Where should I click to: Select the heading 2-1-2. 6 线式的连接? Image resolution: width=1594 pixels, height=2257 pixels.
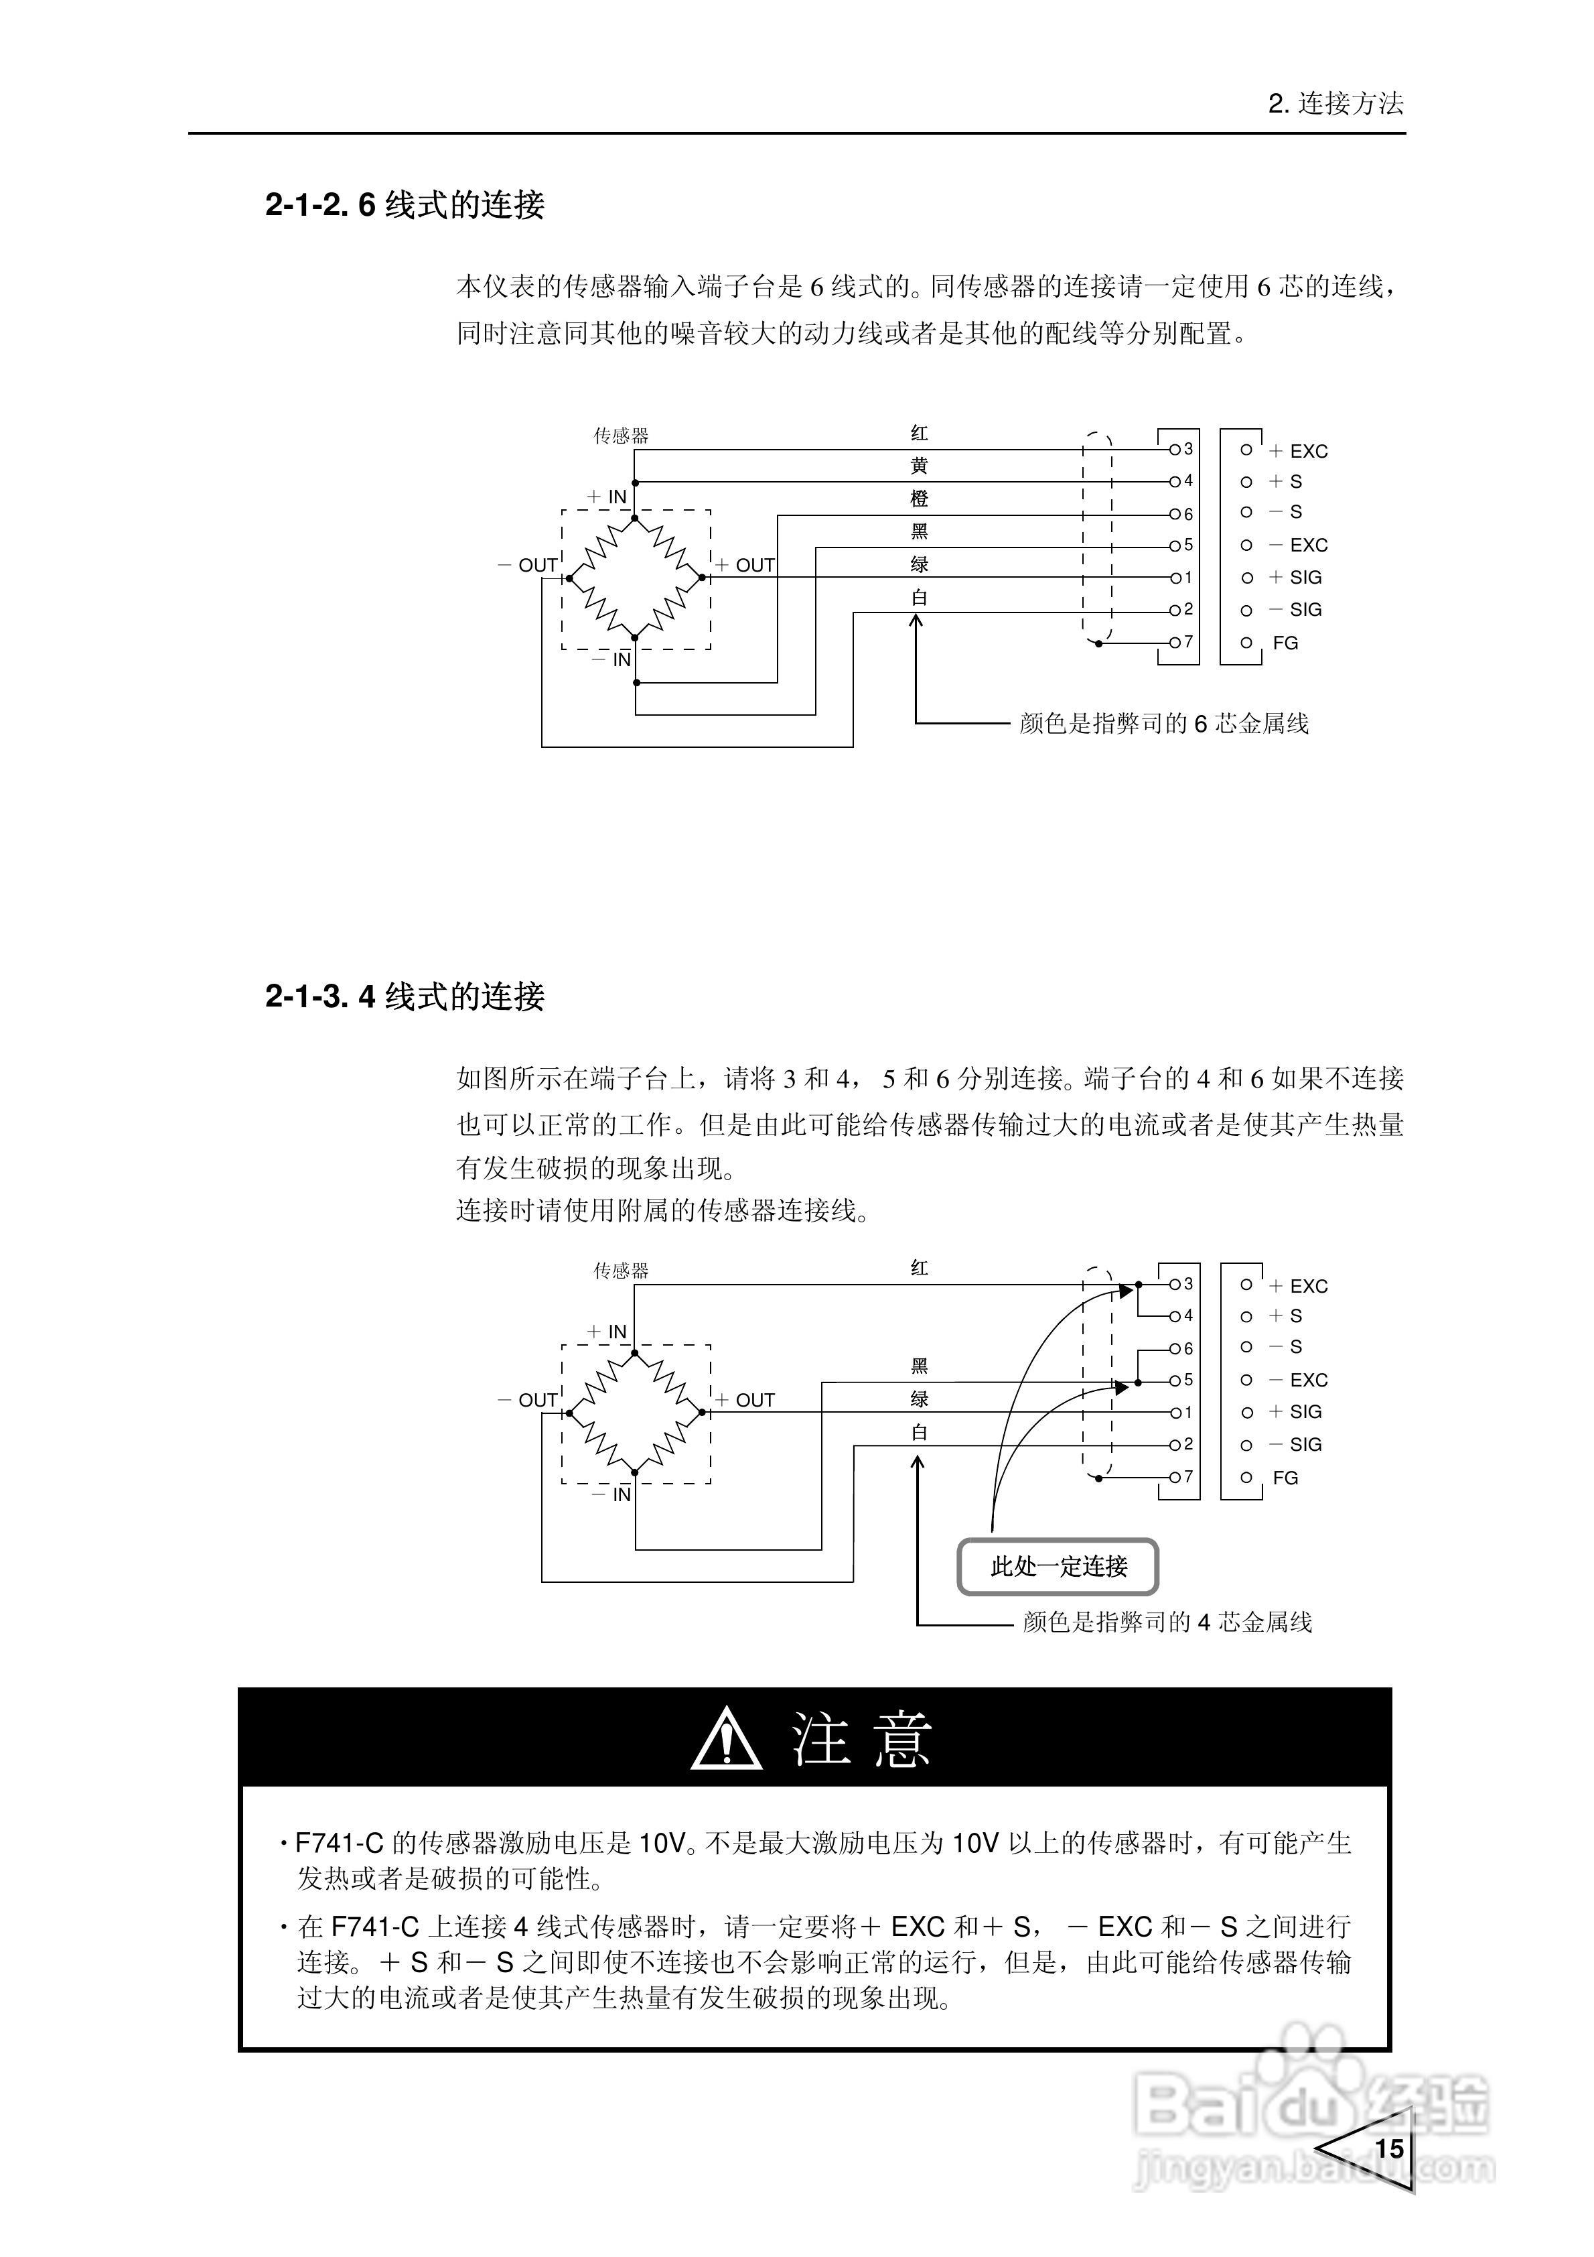pyautogui.click(x=404, y=204)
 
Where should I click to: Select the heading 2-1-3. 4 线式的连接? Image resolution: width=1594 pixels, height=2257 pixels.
pyautogui.click(x=404, y=996)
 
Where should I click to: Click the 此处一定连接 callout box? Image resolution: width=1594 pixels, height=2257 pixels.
pyautogui.click(x=1058, y=1566)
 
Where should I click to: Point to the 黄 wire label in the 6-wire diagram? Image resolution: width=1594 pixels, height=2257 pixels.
pyautogui.click(x=919, y=466)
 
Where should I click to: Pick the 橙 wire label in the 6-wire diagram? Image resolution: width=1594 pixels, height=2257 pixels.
pyautogui.click(x=919, y=499)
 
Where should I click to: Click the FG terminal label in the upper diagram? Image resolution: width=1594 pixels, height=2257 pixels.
pyautogui.click(x=1285, y=643)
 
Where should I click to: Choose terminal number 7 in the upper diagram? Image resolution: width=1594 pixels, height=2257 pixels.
pyautogui.click(x=1188, y=642)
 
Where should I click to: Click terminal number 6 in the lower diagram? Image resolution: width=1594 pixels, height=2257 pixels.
pyautogui.click(x=1188, y=1349)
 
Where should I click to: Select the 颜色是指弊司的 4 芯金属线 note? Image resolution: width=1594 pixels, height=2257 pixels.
pyautogui.click(x=1167, y=1622)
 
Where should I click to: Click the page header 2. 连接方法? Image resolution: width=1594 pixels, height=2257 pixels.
pyautogui.click(x=1335, y=103)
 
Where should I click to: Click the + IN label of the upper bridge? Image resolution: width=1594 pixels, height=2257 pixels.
pyautogui.click(x=607, y=497)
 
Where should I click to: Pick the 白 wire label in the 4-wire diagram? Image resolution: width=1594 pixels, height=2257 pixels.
pyautogui.click(x=919, y=1432)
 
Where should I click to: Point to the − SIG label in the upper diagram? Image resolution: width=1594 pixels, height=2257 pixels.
pyautogui.click(x=1295, y=609)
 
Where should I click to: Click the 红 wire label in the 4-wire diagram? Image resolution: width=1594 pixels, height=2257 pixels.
pyautogui.click(x=919, y=1268)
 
